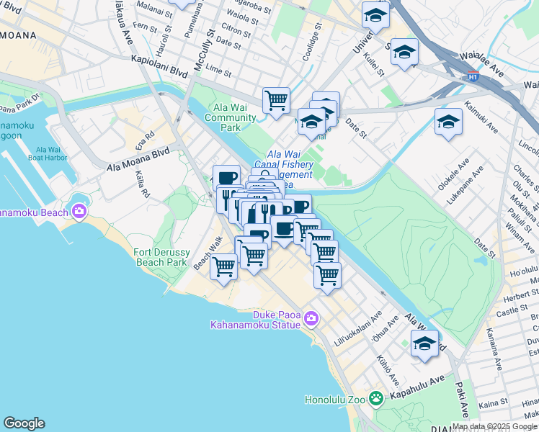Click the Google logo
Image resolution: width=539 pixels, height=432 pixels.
(x=24, y=423)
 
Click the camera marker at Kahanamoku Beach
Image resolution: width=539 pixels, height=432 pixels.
(x=79, y=212)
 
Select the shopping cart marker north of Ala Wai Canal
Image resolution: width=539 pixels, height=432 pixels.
(x=276, y=100)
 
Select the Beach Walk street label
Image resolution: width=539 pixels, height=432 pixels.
(x=206, y=255)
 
